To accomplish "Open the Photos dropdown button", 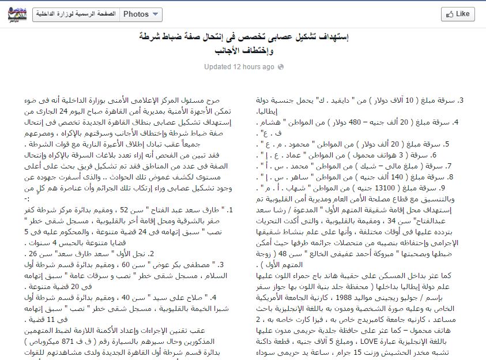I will (x=141, y=14).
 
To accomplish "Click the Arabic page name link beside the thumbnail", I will (x=75, y=14).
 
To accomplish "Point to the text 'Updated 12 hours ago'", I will (x=239, y=67).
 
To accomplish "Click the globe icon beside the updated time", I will (x=281, y=67).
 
